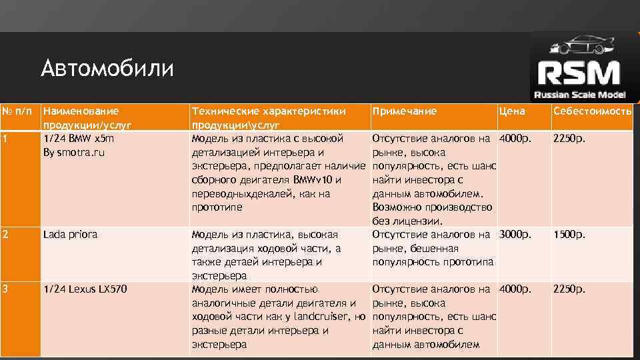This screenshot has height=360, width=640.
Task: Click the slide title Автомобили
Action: [x=107, y=69]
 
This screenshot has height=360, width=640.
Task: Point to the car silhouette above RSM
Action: [x=577, y=46]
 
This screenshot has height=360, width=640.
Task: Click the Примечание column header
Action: [x=405, y=111]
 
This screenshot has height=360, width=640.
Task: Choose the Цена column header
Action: [x=512, y=111]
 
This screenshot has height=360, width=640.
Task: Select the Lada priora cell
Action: [x=70, y=235]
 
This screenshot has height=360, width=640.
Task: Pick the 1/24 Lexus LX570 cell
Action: [x=85, y=289]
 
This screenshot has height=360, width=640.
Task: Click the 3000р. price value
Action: [x=516, y=235]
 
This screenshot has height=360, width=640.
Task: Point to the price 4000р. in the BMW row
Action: [x=516, y=139]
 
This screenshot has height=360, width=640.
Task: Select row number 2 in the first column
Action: [x=5, y=235]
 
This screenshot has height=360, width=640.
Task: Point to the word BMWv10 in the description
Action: [x=317, y=179]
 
